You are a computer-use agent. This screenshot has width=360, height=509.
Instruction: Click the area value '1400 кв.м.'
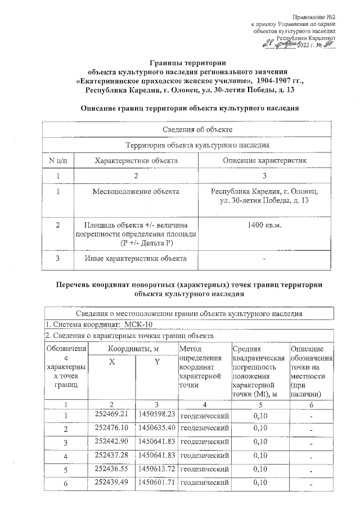coord(264,226)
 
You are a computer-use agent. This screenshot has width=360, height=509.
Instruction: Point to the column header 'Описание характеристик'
coord(264,161)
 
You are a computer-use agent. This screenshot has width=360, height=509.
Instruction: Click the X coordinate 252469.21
coord(112,415)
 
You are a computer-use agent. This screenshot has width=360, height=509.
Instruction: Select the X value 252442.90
coord(112,442)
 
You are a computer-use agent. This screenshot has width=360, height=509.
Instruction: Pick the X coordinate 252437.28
coord(112,455)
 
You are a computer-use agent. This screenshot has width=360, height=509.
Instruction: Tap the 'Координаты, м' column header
coord(134,350)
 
